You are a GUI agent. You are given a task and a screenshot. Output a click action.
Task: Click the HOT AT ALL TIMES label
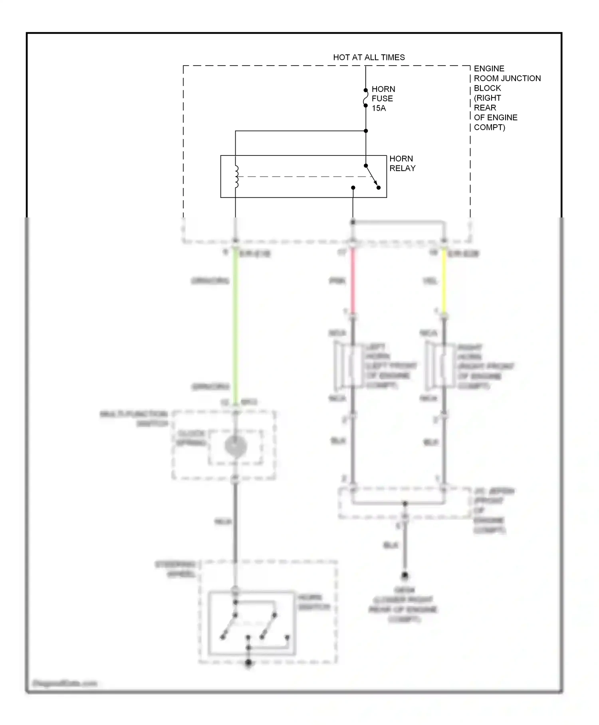[369, 58]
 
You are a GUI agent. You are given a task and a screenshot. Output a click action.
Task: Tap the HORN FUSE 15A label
[383, 99]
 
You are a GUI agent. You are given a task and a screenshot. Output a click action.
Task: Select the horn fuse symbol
[365, 98]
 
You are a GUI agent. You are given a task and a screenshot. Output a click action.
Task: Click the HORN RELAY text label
[402, 163]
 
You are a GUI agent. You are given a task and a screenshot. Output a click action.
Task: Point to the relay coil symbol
[236, 177]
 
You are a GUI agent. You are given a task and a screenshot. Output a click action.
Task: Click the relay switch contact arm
[372, 176]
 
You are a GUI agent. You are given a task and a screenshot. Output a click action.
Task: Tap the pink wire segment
[353, 280]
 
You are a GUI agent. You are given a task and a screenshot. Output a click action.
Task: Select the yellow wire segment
[444, 280]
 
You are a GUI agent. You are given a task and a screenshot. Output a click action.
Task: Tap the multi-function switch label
[134, 418]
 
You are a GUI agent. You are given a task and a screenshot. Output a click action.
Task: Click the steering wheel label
[176, 569]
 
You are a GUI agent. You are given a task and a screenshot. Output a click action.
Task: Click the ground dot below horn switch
[248, 663]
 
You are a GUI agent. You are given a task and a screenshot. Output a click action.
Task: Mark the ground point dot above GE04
[405, 576]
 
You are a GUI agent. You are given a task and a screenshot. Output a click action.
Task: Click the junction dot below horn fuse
[365, 131]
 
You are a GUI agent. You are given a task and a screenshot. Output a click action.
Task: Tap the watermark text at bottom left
[65, 683]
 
